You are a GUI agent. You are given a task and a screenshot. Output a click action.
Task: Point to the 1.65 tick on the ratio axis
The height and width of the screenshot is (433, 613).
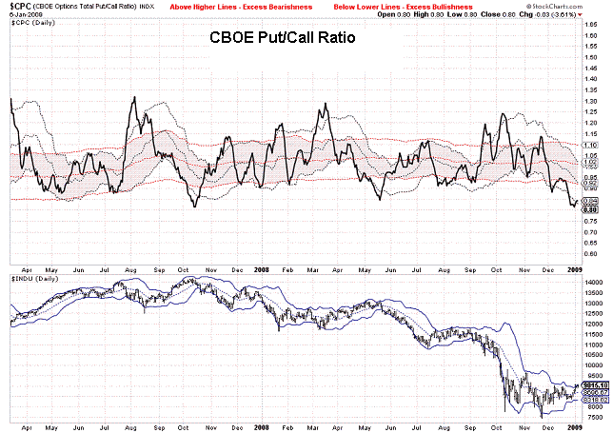pyautogui.click(x=592, y=33)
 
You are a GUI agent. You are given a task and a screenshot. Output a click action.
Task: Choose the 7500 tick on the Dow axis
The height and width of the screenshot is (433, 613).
pyautogui.click(x=592, y=417)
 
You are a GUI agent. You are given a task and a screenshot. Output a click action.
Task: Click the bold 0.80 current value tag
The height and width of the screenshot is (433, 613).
pyautogui.click(x=591, y=210)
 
